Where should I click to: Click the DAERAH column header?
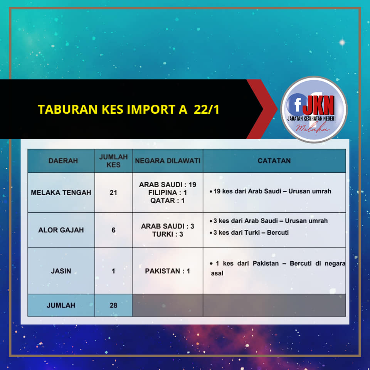(63, 161)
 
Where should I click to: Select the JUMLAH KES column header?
(113, 161)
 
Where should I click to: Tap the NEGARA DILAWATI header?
(168, 161)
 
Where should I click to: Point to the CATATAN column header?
(274, 161)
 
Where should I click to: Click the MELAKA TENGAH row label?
(61, 193)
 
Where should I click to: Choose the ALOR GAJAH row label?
(61, 230)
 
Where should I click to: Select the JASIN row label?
(61, 271)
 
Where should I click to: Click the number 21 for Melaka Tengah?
(113, 193)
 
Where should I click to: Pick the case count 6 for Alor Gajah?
(113, 230)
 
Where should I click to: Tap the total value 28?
(113, 305)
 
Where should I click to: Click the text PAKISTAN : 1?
(167, 271)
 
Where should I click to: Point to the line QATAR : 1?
(167, 200)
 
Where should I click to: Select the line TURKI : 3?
(168, 234)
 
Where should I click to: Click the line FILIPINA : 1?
(168, 193)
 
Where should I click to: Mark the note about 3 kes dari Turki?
(249, 233)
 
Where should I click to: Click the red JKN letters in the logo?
(319, 105)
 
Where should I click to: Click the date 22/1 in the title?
(207, 109)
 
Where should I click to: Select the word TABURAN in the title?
(68, 109)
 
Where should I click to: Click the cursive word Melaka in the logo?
(313, 128)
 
